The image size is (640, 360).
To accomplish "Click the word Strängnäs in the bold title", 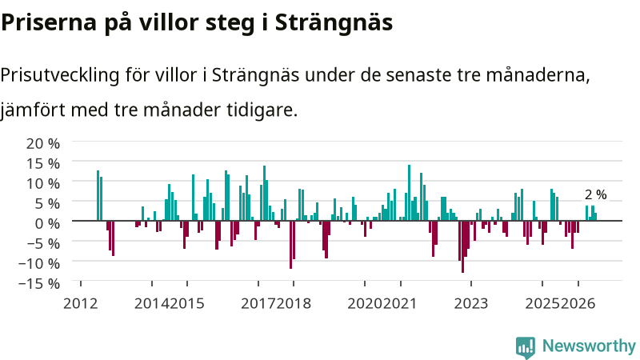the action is (x=334, y=23).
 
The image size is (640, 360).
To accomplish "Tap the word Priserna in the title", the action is (x=49, y=23).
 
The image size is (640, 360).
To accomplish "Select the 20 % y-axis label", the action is (x=43, y=143).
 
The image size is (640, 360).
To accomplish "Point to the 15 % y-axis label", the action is (x=43, y=163).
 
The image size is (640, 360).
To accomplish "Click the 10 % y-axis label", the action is (x=43, y=183).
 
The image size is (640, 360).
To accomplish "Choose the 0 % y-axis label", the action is (x=47, y=223).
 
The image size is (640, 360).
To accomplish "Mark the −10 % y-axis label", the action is (x=39, y=263).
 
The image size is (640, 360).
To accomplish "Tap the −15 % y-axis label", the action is (x=39, y=283).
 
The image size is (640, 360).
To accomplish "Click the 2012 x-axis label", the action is (x=81, y=304).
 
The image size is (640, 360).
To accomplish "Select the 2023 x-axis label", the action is (x=471, y=304).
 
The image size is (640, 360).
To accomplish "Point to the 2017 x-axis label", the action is (x=258, y=304).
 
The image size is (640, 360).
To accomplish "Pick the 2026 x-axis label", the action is (x=578, y=304).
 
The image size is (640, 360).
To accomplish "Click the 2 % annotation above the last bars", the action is (x=595, y=194).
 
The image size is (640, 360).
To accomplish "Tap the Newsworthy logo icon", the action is (x=526, y=347).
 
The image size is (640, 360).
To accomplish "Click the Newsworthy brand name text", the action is (x=589, y=346).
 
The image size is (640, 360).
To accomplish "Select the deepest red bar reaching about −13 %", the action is (x=462, y=246).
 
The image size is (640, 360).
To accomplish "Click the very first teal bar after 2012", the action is (x=98, y=195).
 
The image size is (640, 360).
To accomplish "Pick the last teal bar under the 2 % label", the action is (x=595, y=217).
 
